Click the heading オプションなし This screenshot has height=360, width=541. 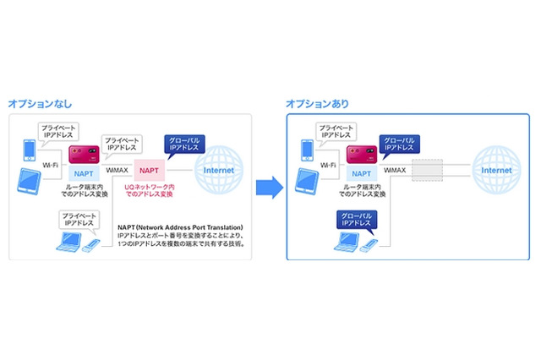(40, 104)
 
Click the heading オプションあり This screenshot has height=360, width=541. (317, 104)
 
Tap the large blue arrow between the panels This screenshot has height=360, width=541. (268, 187)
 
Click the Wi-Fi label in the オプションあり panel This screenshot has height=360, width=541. (328, 167)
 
